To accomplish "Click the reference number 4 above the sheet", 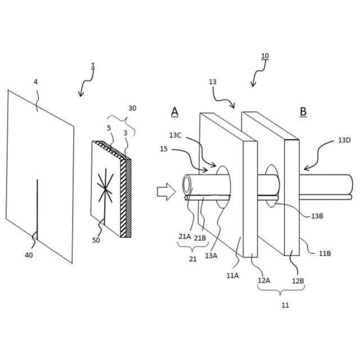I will pyautogui.click(x=36, y=82).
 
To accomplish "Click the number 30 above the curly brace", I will pyautogui.click(x=132, y=108).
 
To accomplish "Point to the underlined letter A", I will pyautogui.click(x=175, y=111).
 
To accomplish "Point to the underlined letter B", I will pyautogui.click(x=303, y=111).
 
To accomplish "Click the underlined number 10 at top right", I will pyautogui.click(x=265, y=56).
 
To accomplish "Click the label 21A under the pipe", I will pyautogui.click(x=184, y=237).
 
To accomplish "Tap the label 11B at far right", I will pyautogui.click(x=325, y=254).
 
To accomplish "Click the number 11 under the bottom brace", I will pyautogui.click(x=285, y=305).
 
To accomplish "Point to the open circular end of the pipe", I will pyautogui.click(x=188, y=184).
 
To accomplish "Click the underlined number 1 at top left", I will pyautogui.click(x=93, y=66).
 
